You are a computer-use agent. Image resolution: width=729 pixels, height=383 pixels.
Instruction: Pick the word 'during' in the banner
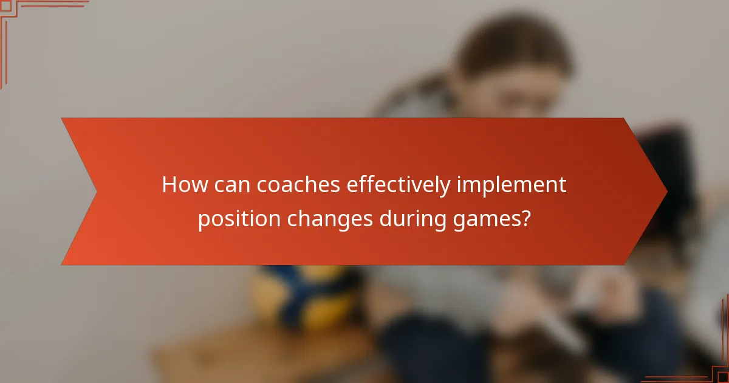[x=410, y=218]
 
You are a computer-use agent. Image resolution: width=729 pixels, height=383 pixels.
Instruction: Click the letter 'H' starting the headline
[x=169, y=185]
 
